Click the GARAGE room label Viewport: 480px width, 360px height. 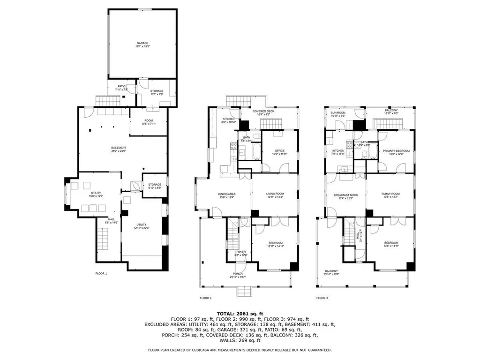142,43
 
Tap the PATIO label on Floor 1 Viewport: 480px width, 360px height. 122,87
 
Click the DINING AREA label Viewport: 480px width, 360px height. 226,194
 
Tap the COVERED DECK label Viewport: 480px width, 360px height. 262,111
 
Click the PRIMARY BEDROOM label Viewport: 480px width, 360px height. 396,150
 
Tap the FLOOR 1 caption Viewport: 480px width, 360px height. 101,273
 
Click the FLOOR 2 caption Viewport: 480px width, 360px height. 205,298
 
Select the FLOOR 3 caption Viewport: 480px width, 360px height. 322,298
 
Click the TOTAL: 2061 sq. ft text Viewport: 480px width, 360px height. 240,314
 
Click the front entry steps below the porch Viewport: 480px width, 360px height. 243,292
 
